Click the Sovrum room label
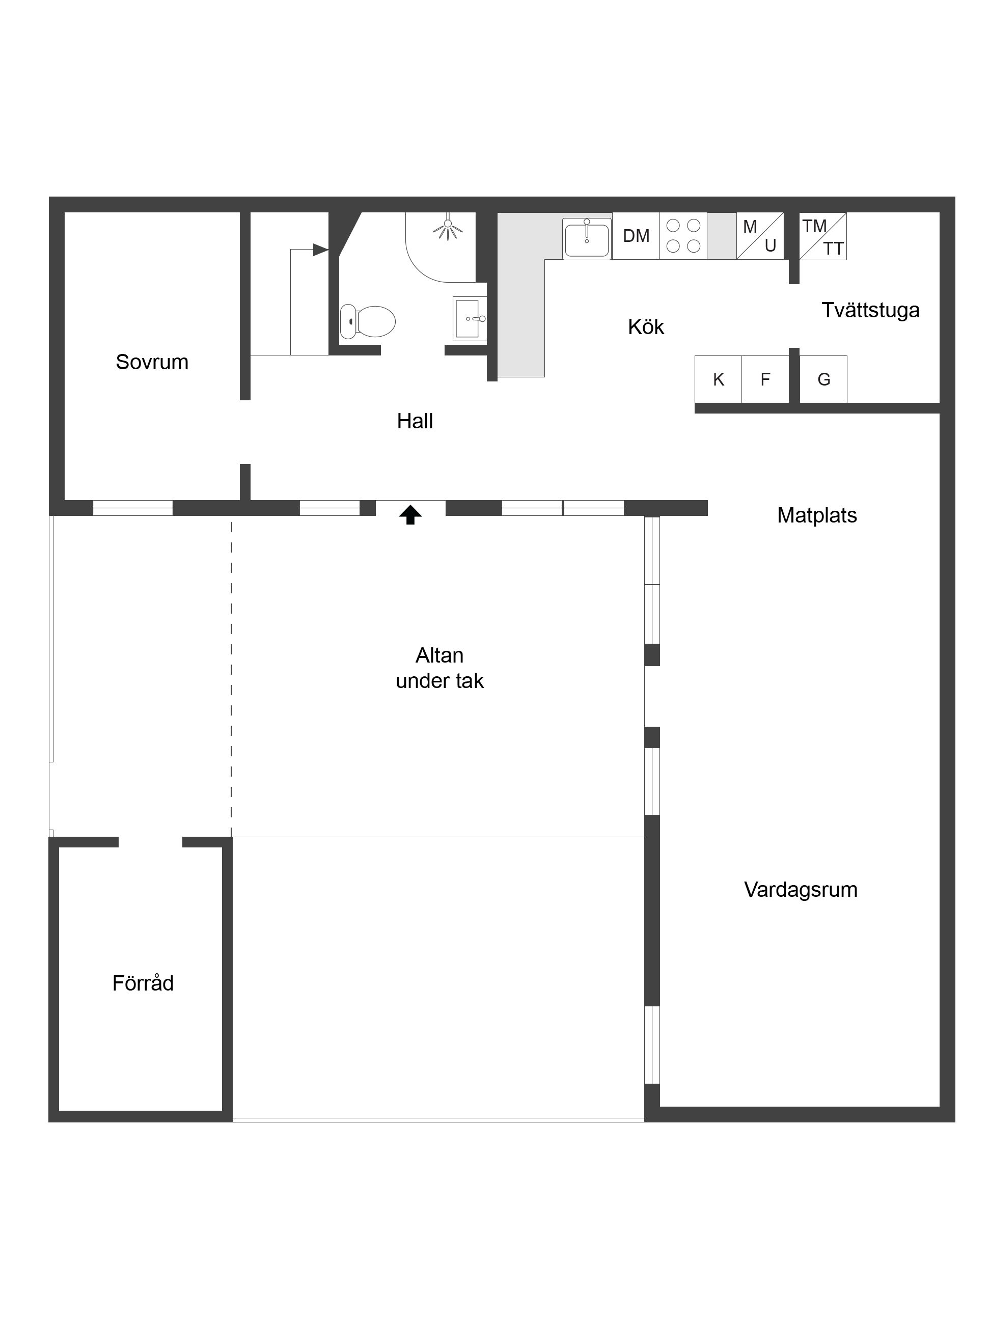click(152, 362)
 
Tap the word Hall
click(415, 421)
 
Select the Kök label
click(646, 327)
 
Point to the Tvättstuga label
click(871, 310)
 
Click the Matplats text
click(817, 515)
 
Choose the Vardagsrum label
click(801, 890)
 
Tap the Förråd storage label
click(143, 983)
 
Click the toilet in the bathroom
click(367, 321)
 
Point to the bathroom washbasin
click(470, 319)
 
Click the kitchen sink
click(587, 238)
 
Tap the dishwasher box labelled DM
click(636, 236)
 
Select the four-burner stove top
click(683, 236)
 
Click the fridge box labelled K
click(719, 379)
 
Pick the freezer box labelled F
click(765, 379)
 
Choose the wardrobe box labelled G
click(823, 379)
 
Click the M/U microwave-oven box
click(760, 236)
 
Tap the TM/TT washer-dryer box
click(823, 236)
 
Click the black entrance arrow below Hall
click(410, 514)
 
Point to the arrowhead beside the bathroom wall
click(321, 249)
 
